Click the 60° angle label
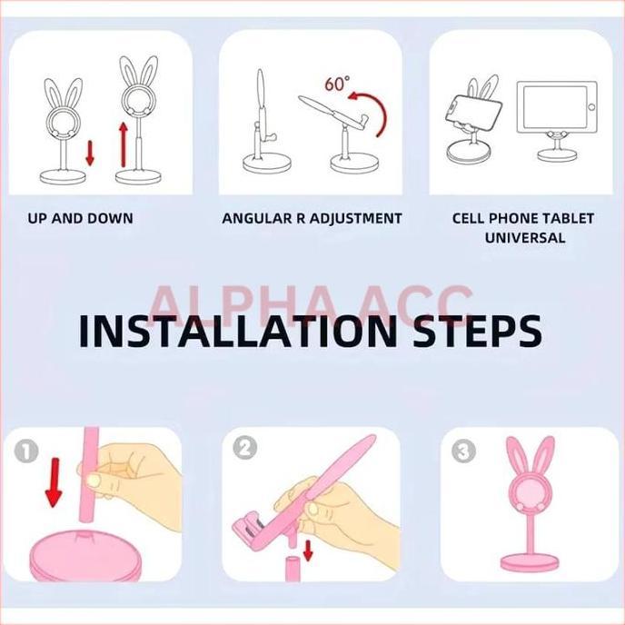(x=336, y=84)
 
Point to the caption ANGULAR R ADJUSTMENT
(x=312, y=218)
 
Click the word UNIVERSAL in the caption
(x=525, y=238)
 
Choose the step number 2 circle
(x=245, y=448)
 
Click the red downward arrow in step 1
(x=54, y=481)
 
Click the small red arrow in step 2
(x=308, y=549)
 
